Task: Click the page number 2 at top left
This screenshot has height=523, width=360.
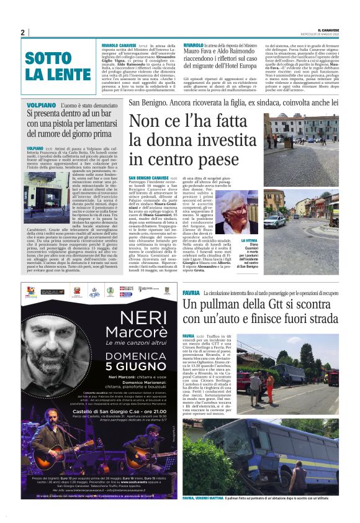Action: point(22,32)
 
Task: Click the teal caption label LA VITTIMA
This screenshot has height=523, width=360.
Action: point(250,239)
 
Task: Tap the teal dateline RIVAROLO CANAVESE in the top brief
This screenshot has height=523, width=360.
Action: point(120,45)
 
